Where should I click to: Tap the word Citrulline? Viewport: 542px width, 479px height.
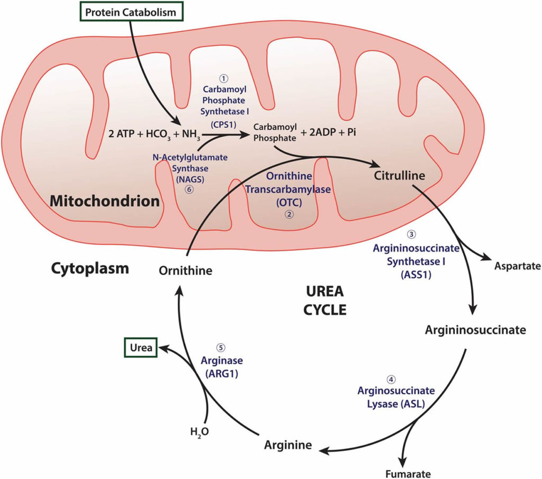400,175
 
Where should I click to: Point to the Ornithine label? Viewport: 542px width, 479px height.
185,270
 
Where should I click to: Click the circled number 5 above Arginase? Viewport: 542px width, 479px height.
221,347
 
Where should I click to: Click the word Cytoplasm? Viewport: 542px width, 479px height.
90,268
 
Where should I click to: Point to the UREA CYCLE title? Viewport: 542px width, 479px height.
325,300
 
